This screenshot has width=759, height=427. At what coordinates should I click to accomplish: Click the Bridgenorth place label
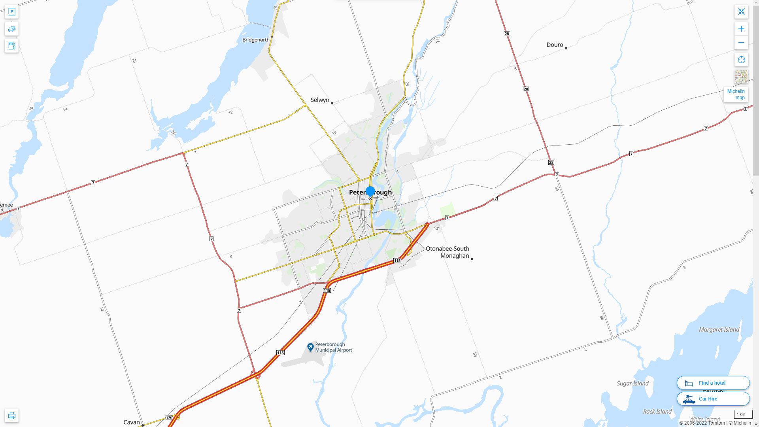pyautogui.click(x=256, y=40)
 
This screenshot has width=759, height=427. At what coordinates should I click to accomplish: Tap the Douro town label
pyautogui.click(x=555, y=45)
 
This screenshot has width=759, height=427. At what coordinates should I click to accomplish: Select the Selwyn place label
pyautogui.click(x=320, y=100)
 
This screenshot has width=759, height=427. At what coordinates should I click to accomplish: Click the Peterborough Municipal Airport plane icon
pyautogui.click(x=310, y=347)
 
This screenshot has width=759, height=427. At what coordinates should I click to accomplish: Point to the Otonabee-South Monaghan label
pyautogui.click(x=447, y=252)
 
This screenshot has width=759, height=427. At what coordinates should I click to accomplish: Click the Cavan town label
pyautogui.click(x=132, y=422)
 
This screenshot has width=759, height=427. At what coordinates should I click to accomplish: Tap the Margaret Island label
pyautogui.click(x=719, y=330)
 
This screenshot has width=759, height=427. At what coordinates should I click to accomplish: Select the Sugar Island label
pyautogui.click(x=632, y=384)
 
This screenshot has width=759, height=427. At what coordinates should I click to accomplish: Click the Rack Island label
pyautogui.click(x=657, y=412)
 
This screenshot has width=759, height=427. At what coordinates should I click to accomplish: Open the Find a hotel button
pyautogui.click(x=713, y=383)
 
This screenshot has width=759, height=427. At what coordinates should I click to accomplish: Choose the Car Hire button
pyautogui.click(x=713, y=399)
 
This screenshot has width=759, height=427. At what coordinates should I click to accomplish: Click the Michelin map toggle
pyautogui.click(x=736, y=94)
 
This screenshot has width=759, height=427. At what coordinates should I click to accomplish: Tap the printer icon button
pyautogui.click(x=11, y=416)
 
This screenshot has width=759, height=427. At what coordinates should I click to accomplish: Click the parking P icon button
pyautogui.click(x=11, y=12)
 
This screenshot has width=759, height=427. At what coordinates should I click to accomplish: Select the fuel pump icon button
pyautogui.click(x=11, y=45)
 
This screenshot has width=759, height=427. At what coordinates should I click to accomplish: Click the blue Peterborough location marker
pyautogui.click(x=370, y=191)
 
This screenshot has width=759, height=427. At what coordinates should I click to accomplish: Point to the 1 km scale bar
pyautogui.click(x=743, y=415)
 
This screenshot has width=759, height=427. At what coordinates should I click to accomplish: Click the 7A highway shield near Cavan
pyautogui.click(x=169, y=418)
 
